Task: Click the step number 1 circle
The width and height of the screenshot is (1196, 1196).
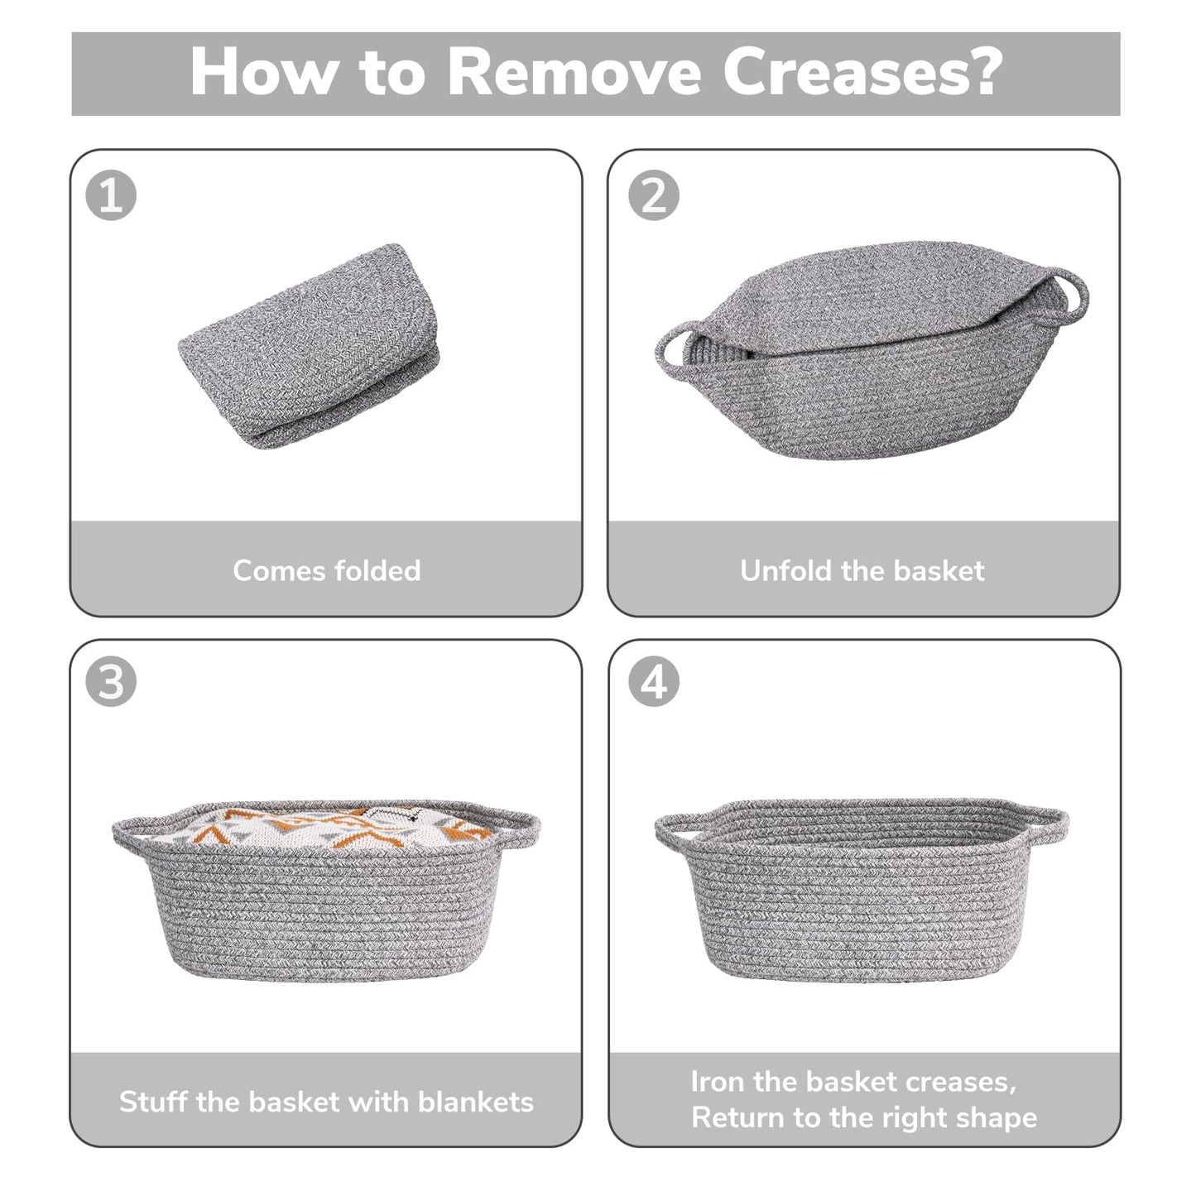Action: pyautogui.click(x=111, y=196)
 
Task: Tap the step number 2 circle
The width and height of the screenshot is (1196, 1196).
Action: pyautogui.click(x=653, y=196)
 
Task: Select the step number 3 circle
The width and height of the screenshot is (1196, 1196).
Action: pyautogui.click(x=111, y=683)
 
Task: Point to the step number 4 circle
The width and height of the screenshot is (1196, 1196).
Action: pyautogui.click(x=653, y=683)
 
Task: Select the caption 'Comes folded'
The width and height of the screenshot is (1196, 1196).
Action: pyautogui.click(x=326, y=570)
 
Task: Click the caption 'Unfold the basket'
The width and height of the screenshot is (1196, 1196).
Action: pyautogui.click(x=862, y=570)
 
